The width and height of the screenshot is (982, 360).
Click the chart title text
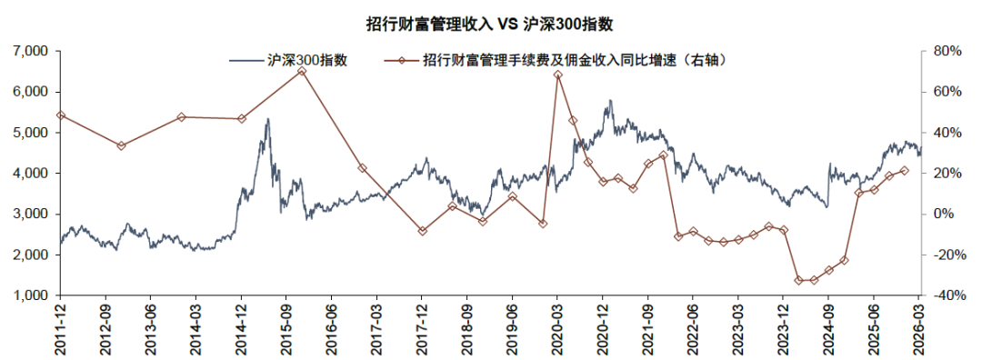[489, 25]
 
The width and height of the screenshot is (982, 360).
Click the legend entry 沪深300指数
[289, 60]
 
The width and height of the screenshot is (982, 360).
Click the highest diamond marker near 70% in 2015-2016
[302, 72]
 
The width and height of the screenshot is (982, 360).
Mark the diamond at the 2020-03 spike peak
[558, 75]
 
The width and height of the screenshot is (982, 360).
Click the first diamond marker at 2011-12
[61, 115]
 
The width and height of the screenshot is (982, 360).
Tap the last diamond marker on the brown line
[903, 170]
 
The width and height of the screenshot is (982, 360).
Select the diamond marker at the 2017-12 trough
[422, 231]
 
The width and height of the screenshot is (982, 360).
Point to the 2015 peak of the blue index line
[267, 119]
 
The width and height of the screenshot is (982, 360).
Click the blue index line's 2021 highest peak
[609, 100]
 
